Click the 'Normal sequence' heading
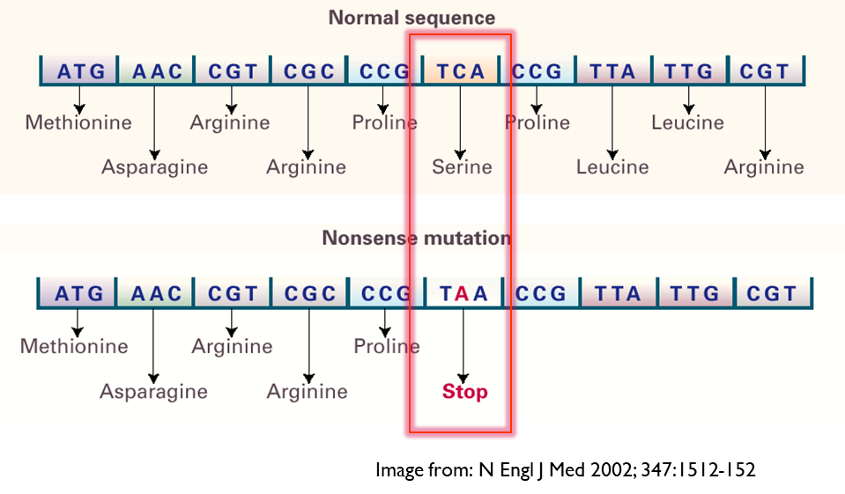[411, 18]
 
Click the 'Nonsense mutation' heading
[416, 238]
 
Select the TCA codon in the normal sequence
[461, 71]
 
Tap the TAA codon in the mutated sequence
[463, 293]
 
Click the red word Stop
[464, 391]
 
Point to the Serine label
[462, 166]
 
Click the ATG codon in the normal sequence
[80, 71]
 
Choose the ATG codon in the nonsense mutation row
[78, 293]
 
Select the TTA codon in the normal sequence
[612, 71]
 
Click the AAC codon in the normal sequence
[156, 71]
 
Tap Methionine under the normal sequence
[78, 122]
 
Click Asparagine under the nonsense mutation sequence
[153, 391]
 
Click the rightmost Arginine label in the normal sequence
[764, 166]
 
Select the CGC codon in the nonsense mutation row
[309, 293]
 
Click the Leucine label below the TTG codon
[687, 122]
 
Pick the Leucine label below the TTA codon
[612, 166]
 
